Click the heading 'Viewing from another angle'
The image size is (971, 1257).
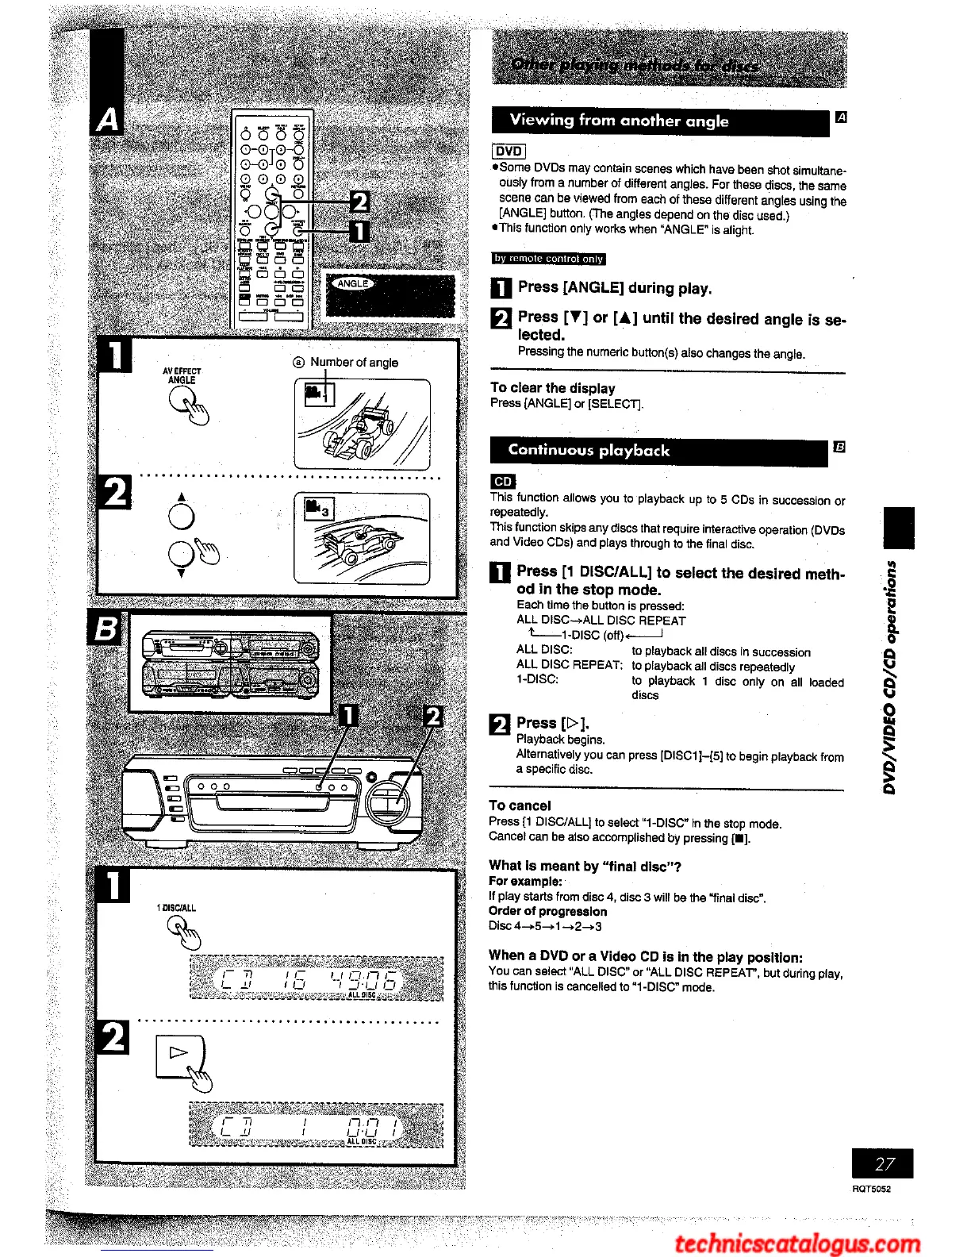point(619,121)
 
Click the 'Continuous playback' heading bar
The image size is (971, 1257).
point(589,450)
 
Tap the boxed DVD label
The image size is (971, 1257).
point(509,152)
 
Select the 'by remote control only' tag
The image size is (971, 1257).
point(548,259)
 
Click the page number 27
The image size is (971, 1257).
point(884,1163)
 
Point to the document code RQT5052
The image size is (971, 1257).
point(871,1189)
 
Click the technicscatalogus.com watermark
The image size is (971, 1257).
point(796,1243)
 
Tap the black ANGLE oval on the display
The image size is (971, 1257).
point(353,283)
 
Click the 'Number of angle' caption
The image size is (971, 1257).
point(354,362)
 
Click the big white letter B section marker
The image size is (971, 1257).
point(106,630)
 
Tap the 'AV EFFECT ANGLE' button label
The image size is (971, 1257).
point(182,375)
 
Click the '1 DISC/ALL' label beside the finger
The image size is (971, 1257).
point(176,907)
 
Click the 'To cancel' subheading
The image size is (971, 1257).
point(520,805)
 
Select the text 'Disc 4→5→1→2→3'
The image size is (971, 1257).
point(545,926)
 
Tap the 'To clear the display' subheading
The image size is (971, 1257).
point(552,388)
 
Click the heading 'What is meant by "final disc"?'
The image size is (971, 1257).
point(585,866)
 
